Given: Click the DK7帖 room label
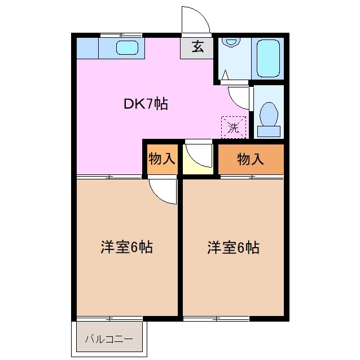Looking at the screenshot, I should coord(146,104).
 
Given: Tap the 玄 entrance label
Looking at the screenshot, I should coord(197,47).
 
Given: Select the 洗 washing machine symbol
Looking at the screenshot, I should coord(234,126).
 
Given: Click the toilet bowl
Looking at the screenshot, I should coord(269,113).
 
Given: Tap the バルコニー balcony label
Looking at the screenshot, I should coord(109,339).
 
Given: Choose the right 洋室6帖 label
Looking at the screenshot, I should coord(233,247).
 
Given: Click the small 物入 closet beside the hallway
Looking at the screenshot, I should coord(161,159).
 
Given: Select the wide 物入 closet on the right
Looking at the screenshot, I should coord(251,159).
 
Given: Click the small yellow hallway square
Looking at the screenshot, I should coord(197,160).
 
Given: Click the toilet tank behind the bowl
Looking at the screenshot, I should coord(269,131).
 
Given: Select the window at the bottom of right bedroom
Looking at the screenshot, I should coord(217,318).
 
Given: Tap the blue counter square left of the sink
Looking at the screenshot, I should coord(87,48).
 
